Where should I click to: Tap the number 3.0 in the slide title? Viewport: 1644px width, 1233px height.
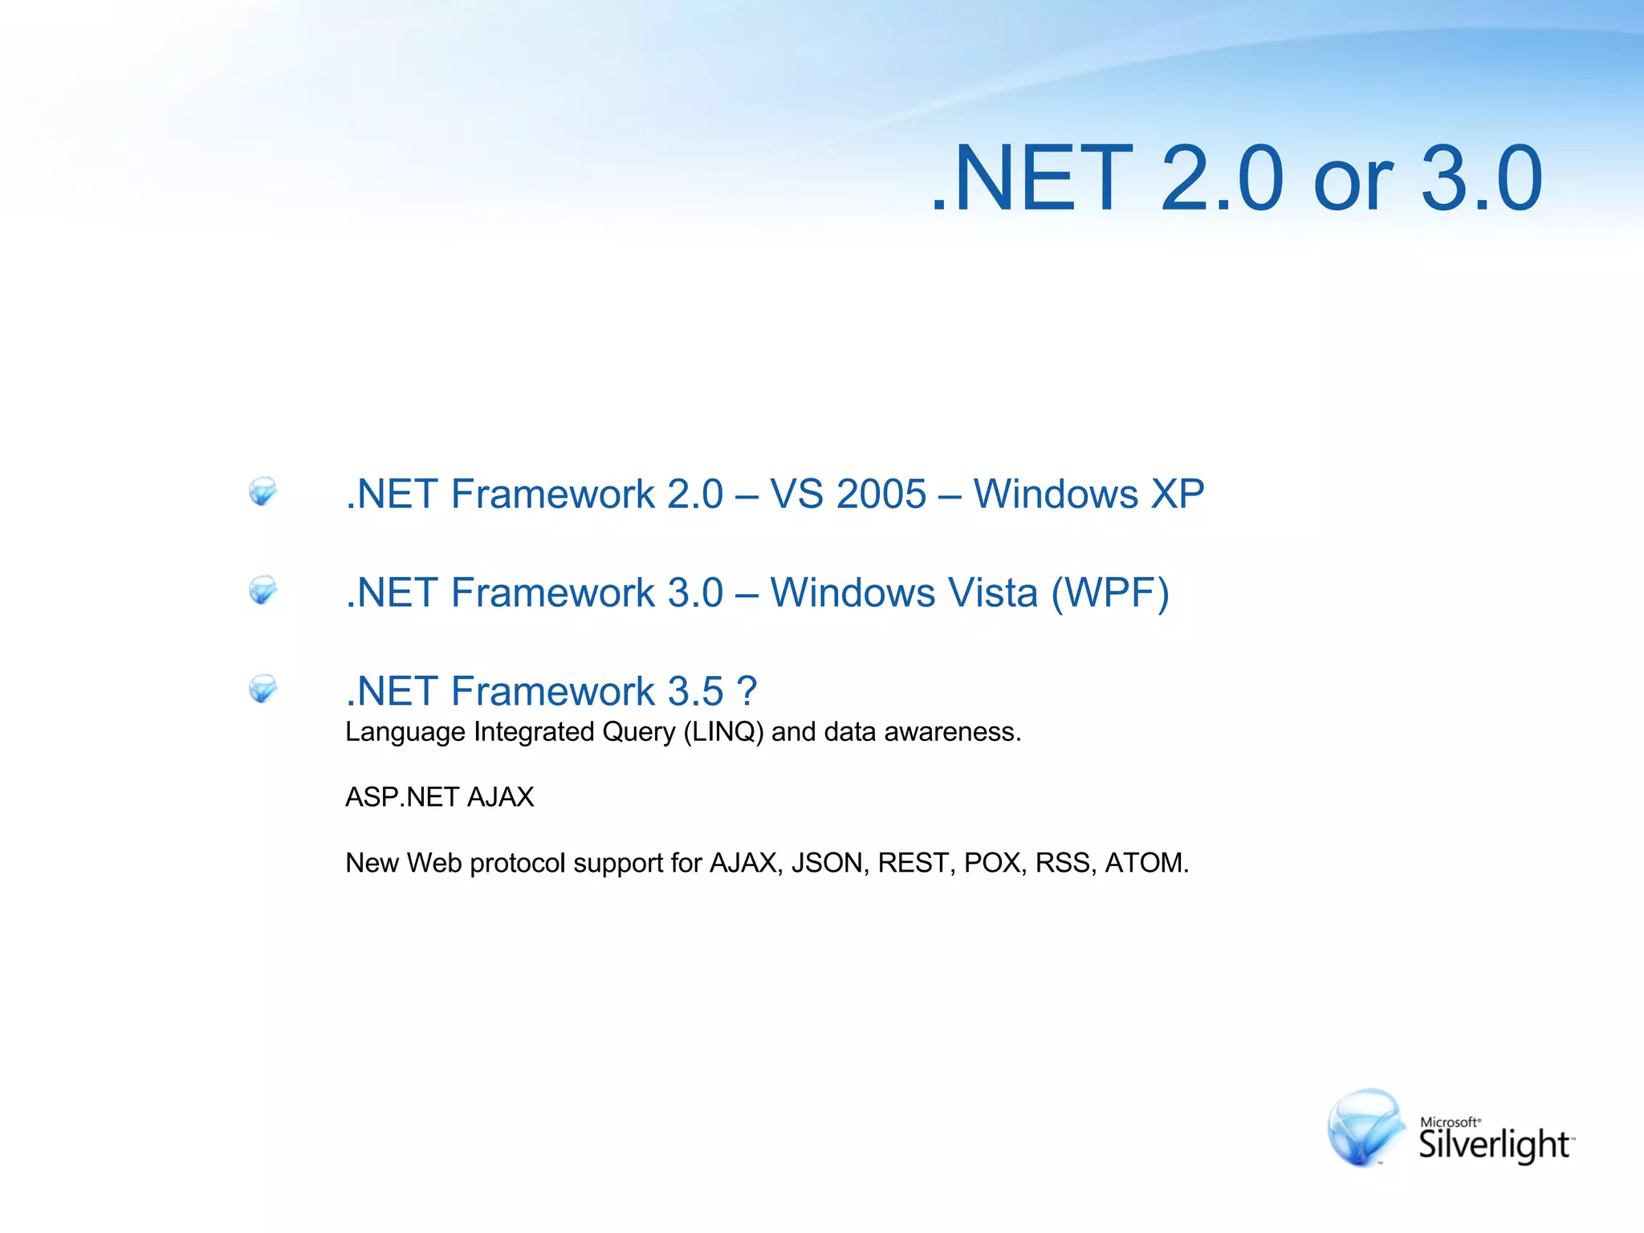1482,178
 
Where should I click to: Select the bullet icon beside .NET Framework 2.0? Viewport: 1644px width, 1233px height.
262,491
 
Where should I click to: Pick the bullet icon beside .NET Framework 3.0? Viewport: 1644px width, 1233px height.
262,590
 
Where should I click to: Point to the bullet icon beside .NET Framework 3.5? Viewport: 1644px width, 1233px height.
262,689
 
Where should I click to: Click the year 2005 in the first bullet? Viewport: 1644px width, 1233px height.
881,494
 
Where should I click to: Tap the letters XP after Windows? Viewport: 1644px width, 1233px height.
1178,494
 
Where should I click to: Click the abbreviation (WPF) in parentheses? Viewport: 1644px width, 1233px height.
1110,592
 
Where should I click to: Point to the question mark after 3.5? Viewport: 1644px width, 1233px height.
747,691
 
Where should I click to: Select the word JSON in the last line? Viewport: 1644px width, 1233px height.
830,863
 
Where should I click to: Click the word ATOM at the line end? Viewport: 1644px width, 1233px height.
1146,863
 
